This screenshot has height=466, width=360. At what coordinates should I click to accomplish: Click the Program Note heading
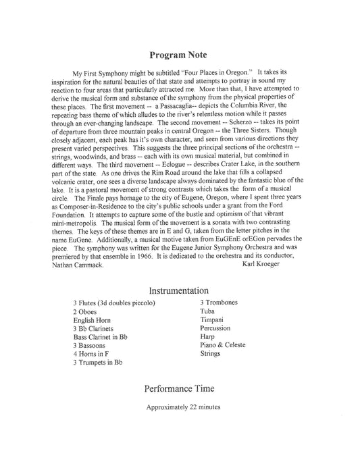(179, 55)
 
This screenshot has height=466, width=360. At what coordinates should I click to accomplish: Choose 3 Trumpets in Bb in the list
(98, 363)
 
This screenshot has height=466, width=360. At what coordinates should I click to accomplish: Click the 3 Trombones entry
(219, 302)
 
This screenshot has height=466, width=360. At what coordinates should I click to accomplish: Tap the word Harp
(207, 336)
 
